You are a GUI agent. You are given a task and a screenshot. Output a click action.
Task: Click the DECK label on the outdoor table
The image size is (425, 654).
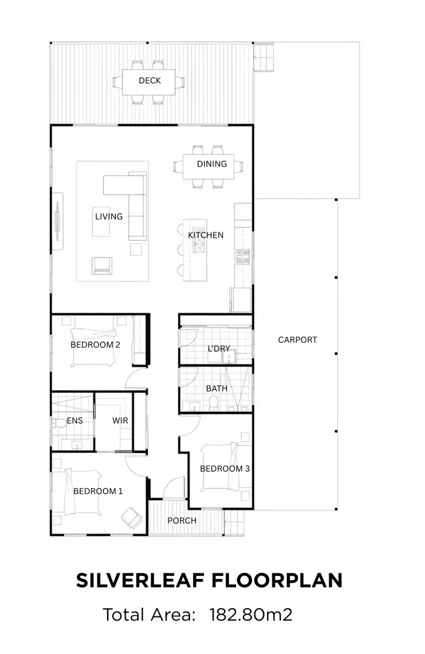(150, 81)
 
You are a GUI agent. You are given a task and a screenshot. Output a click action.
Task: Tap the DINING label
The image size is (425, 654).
(212, 163)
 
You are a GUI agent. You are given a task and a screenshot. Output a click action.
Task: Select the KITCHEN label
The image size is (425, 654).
(206, 235)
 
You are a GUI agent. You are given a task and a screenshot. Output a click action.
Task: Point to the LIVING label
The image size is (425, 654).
(109, 216)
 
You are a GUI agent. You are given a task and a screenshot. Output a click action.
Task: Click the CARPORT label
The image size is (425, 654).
(297, 340)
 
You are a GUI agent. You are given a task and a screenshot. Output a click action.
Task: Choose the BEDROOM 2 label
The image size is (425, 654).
(96, 345)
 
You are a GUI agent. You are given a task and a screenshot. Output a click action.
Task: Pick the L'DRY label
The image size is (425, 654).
(219, 348)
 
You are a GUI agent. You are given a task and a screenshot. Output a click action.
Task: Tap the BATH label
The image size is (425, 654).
(217, 388)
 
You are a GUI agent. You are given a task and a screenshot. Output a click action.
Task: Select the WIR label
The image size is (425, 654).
(120, 420)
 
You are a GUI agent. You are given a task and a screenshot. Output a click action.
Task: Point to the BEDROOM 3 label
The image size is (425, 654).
(225, 468)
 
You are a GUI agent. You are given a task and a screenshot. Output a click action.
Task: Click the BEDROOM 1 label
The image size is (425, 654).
(98, 490)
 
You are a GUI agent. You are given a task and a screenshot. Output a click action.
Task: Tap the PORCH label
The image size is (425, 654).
(182, 520)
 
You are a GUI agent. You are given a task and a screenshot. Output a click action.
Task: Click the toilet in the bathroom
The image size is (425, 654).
(213, 403)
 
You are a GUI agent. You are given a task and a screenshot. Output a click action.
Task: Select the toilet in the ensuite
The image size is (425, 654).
(56, 422)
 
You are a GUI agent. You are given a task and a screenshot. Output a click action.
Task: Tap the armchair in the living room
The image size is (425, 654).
(102, 265)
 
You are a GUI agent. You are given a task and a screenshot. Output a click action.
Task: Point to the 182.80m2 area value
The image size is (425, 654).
(251, 615)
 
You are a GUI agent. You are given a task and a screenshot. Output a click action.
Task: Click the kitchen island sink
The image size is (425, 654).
(199, 246)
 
